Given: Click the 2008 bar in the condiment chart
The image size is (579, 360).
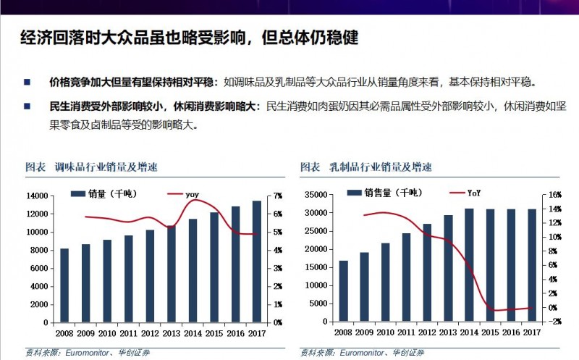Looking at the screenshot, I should pyautogui.click(x=64, y=285).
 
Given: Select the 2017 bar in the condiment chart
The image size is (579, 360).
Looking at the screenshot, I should pyautogui.click(x=257, y=261).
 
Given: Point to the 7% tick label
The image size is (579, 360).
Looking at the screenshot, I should pyautogui.click(x=279, y=196).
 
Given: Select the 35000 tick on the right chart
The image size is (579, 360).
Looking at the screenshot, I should pyautogui.click(x=316, y=195).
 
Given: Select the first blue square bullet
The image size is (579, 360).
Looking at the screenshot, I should pyautogui.click(x=28, y=82).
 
